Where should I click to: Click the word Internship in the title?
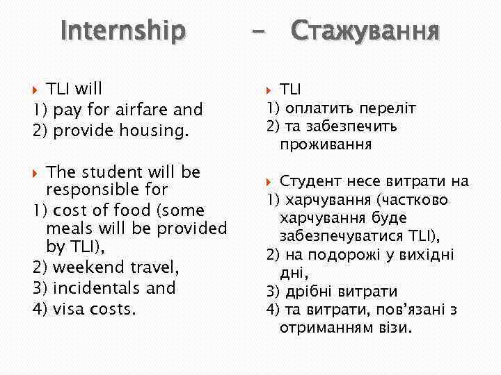click(123, 31)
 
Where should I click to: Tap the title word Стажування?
click(365, 31)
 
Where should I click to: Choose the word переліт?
click(387, 108)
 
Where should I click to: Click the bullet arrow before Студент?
click(271, 182)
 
